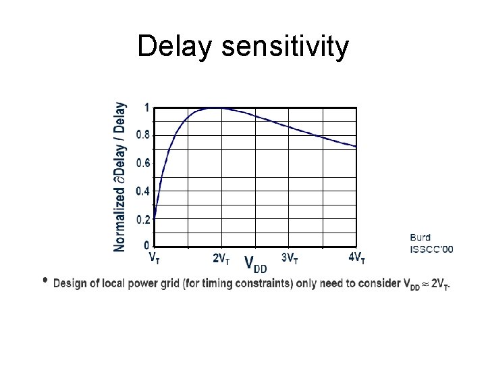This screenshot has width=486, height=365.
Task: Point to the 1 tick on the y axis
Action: (147, 107)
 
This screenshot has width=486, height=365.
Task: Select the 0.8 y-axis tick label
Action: (143, 135)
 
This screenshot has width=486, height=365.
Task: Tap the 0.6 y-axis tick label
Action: (143, 163)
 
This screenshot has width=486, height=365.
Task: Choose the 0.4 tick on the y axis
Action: (143, 191)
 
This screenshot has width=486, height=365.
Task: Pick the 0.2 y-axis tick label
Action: (143, 220)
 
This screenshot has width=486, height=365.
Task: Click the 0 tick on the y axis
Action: (147, 244)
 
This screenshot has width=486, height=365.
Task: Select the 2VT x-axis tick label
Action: (221, 258)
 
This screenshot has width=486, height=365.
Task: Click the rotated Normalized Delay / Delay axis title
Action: (119, 177)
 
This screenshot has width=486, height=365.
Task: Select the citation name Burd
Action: (421, 237)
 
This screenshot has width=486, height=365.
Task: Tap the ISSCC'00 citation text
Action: (431, 249)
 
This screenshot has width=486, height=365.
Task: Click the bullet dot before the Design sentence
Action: (45, 279)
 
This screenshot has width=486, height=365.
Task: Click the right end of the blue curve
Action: (356, 146)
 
